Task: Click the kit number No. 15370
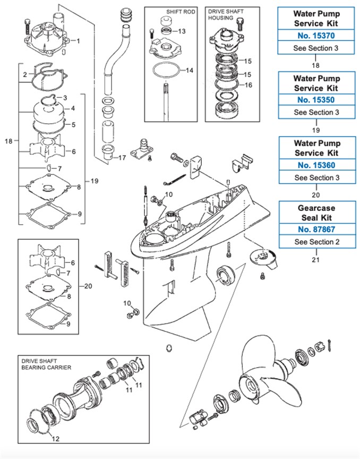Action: tap(316, 36)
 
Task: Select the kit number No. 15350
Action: tap(316, 100)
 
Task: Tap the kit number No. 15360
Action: tap(316, 165)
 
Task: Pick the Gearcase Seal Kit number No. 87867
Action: tap(316, 229)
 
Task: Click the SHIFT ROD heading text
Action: tap(181, 12)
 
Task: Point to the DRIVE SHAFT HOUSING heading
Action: tap(226, 15)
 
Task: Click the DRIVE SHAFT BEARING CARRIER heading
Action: tap(46, 364)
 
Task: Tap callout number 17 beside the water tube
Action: tap(122, 158)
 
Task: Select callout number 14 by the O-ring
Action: tap(190, 70)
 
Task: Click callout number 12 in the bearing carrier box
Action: tap(55, 438)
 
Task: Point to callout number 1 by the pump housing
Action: tap(78, 41)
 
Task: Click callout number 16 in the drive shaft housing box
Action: tap(248, 85)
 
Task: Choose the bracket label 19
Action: tap(94, 181)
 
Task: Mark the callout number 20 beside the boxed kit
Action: tap(88, 286)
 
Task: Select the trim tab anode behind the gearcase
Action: tap(263, 259)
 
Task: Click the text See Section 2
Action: tap(317, 242)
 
